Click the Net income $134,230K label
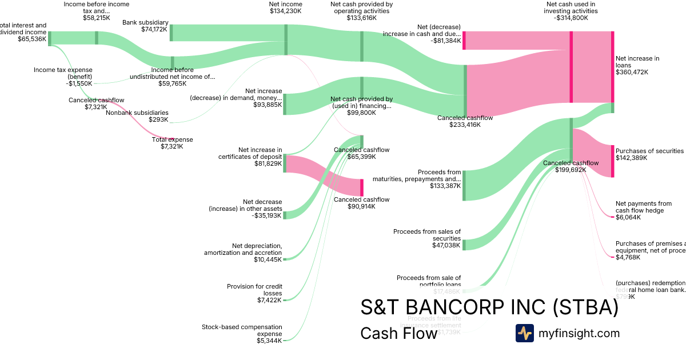coord(286,7)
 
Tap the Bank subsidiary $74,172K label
coord(145,26)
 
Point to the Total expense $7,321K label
coord(172,143)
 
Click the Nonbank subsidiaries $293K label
coord(137,116)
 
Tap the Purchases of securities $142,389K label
coord(649,154)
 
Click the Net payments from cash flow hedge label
coord(643,207)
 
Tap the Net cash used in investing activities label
coord(571,11)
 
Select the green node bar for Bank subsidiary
coord(171,33)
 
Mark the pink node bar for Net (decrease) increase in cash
coord(464,41)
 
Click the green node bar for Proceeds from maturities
coord(464,185)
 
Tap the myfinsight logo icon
coord(525,333)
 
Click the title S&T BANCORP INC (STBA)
coord(489,307)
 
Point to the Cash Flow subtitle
coord(398,333)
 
